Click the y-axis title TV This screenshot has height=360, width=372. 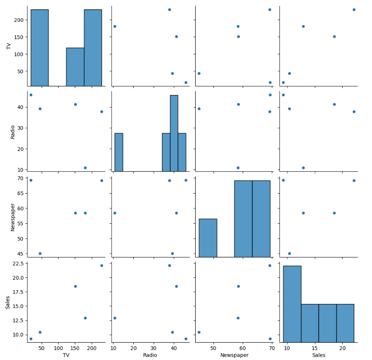[8, 46]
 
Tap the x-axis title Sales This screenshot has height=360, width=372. [319, 355]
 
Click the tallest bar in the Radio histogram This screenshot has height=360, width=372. [174, 133]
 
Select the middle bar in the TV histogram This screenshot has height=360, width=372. [75, 67]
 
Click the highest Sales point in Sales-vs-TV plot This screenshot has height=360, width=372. [102, 265]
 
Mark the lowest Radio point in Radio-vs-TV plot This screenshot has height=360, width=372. [85, 168]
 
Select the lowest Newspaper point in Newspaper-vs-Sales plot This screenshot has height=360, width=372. [289, 254]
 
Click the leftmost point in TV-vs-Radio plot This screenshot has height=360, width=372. [114, 26]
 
